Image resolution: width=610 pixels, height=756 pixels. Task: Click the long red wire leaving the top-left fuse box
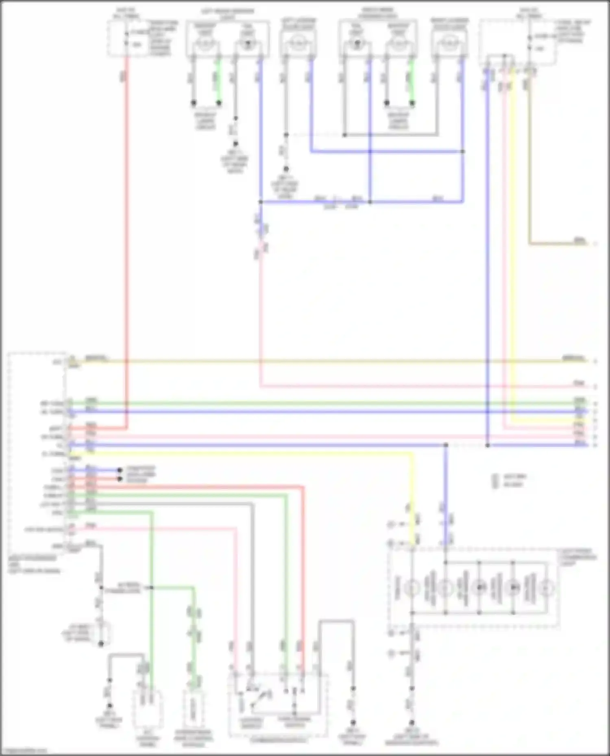click(x=126, y=244)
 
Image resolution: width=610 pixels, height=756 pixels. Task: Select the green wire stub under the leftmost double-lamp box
click(x=218, y=81)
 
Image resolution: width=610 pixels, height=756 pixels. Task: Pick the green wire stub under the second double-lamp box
click(x=412, y=81)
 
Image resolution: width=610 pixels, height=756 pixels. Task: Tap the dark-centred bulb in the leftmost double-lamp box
click(x=247, y=44)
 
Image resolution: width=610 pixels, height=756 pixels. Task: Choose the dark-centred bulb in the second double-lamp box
click(x=357, y=43)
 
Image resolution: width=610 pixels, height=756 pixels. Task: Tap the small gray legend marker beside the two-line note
click(x=496, y=481)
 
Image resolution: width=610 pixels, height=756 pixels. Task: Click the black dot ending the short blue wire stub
click(x=120, y=470)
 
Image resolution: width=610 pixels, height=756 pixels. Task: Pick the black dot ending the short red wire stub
click(x=120, y=479)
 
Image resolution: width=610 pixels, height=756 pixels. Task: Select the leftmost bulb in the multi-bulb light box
click(x=412, y=588)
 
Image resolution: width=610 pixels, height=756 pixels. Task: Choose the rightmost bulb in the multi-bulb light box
click(x=547, y=588)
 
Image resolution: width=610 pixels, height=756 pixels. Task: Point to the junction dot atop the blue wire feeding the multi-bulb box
click(x=446, y=445)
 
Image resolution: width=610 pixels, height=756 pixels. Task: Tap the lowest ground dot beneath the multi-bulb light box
click(x=412, y=723)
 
